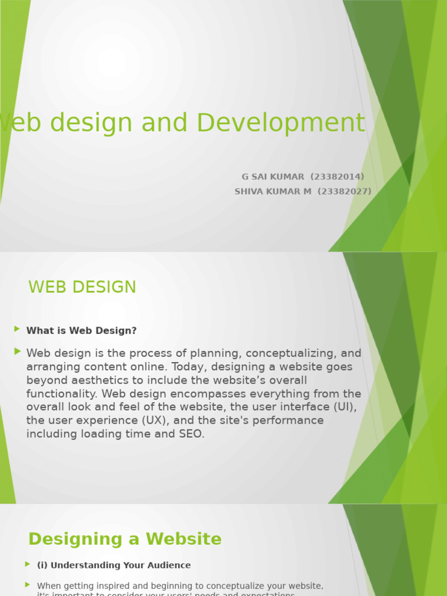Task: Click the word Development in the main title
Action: [x=281, y=123]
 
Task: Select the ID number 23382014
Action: [x=338, y=177]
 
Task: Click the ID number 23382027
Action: [x=344, y=191]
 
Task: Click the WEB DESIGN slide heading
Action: [x=82, y=287]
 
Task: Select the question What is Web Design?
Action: [x=81, y=331]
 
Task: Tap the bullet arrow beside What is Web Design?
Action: [x=17, y=329]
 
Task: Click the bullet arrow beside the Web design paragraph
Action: [x=17, y=351]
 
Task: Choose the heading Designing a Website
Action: [x=125, y=539]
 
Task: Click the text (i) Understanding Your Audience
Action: [x=113, y=565]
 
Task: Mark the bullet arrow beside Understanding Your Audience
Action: [x=27, y=564]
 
